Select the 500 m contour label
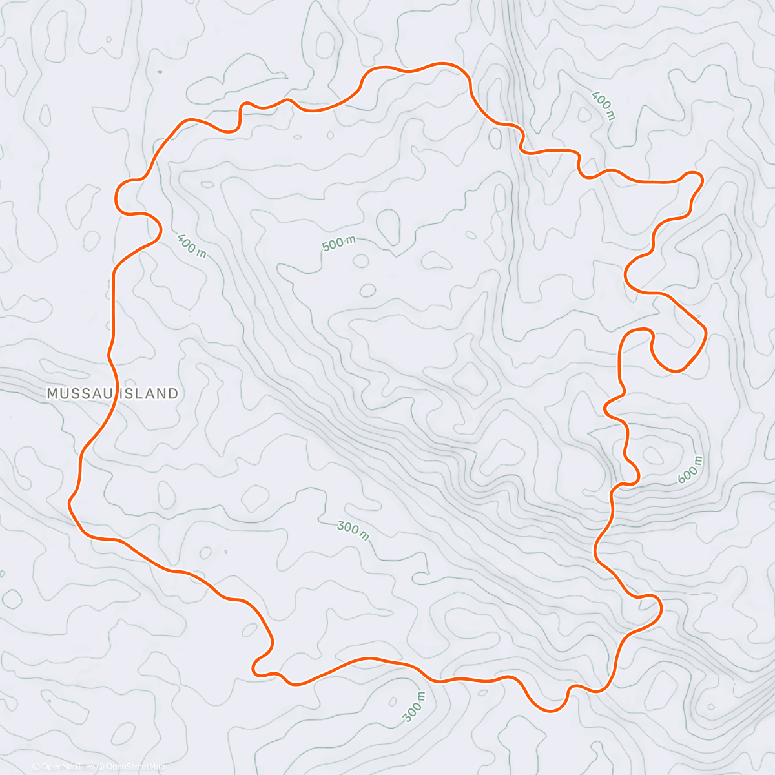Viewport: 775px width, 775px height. point(338,243)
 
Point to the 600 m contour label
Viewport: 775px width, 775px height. point(690,470)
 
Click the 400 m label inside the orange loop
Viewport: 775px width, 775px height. point(191,245)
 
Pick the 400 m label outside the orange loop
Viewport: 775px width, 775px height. point(603,106)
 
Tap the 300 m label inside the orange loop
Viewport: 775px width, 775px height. point(353,531)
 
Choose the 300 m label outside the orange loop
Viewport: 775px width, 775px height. point(415,707)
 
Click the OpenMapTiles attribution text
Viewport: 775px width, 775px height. point(65,767)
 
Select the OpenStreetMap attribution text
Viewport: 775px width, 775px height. point(135,767)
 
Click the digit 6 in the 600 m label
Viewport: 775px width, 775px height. point(682,479)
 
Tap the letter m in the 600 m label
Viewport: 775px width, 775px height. point(697,460)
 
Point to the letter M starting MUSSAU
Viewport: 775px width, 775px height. point(52,393)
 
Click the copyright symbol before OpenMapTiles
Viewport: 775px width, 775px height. point(36,767)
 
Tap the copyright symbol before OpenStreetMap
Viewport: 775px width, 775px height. point(101,767)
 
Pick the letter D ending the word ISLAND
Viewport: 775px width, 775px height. point(172,393)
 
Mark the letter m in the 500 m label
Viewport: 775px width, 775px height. point(351,240)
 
